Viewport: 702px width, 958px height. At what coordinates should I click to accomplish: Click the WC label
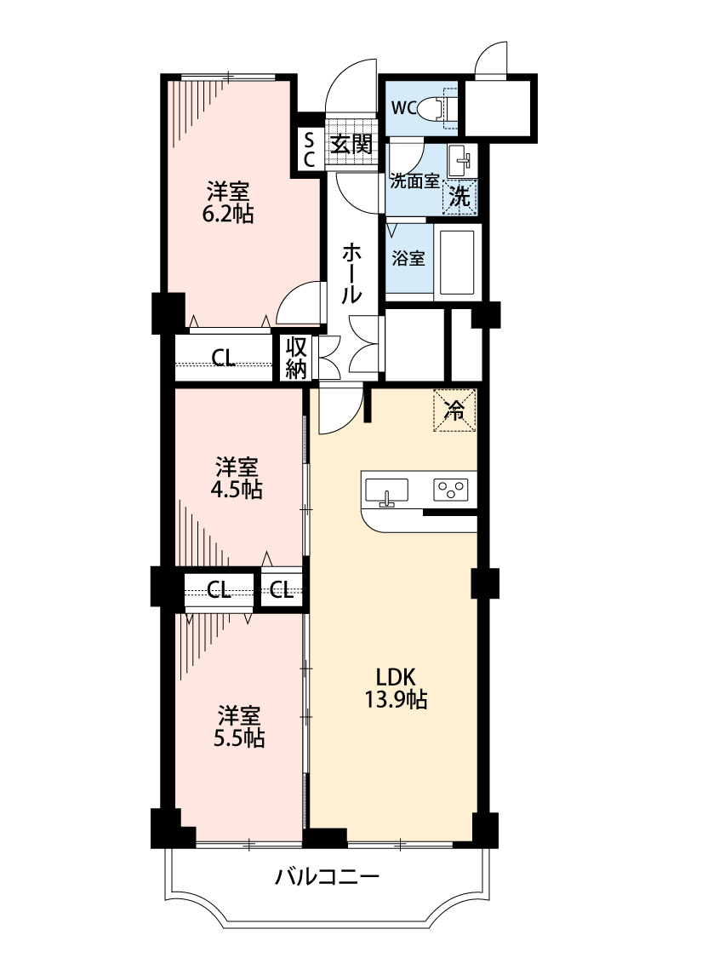(403, 109)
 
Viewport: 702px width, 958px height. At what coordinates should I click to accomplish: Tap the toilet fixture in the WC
(436, 108)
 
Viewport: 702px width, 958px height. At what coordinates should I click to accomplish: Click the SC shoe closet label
(309, 150)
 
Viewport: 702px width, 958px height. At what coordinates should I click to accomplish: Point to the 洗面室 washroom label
(415, 181)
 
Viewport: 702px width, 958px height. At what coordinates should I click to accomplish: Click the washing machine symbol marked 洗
(459, 197)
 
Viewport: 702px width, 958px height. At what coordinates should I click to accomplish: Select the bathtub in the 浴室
(457, 261)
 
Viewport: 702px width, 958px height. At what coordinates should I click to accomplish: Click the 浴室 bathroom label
(408, 258)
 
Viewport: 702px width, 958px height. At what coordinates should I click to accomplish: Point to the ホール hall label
(351, 273)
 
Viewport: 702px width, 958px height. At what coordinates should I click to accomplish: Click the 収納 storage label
(296, 358)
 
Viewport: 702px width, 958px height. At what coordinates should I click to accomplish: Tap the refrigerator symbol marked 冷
(454, 410)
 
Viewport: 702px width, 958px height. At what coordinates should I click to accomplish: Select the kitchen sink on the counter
(386, 491)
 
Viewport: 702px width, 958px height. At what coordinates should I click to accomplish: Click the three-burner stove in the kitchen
(451, 490)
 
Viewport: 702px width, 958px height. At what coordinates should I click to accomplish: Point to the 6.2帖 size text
(228, 215)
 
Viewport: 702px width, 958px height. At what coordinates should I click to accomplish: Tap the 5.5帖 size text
(238, 738)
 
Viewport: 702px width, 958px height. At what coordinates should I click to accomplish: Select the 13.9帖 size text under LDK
(396, 699)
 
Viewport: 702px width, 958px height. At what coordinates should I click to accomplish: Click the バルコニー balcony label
(327, 877)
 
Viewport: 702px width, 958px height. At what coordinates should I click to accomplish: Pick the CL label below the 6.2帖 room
(224, 358)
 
